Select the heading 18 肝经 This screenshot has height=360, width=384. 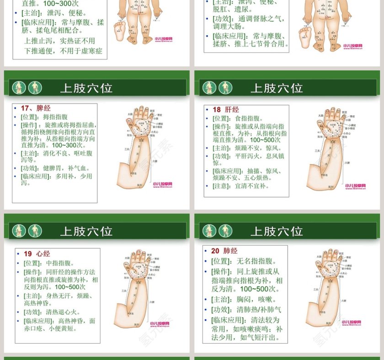pyautogui.click(x=226, y=110)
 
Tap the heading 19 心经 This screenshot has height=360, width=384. pyautogui.click(x=37, y=254)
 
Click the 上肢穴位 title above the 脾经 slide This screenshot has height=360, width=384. pyautogui.click(x=86, y=88)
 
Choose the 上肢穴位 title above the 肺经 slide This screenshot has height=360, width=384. pyautogui.click(x=277, y=231)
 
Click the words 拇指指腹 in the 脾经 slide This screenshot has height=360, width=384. pyautogui.click(x=55, y=117)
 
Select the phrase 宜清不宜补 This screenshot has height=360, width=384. pyautogui.click(x=252, y=186)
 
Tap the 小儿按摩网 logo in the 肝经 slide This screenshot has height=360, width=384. pyautogui.click(x=354, y=186)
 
